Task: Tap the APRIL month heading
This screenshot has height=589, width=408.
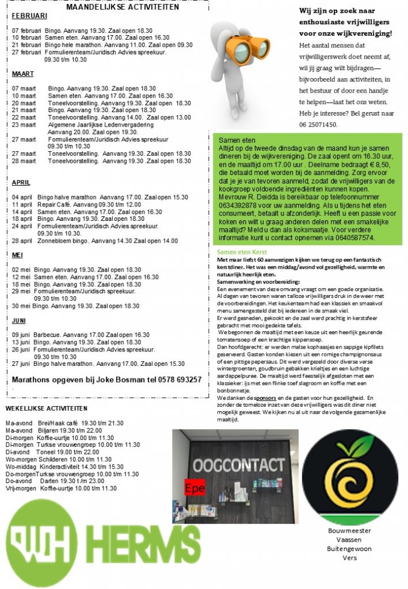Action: tap(21, 182)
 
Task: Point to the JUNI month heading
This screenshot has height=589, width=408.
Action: tap(19, 320)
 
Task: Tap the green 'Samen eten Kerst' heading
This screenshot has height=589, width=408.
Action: tap(242, 252)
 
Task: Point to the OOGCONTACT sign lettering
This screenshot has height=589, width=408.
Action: tap(238, 464)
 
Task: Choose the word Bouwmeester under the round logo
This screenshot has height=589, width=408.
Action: tap(349, 530)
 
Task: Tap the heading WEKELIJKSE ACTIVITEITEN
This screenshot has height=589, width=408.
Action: tap(47, 408)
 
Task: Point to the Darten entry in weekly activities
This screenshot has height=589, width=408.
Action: tap(49, 481)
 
